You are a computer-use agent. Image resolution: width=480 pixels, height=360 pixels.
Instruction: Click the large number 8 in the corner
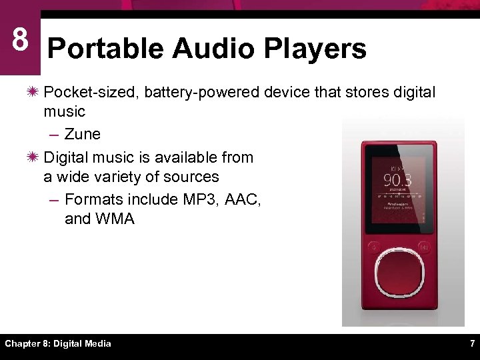pos(20,40)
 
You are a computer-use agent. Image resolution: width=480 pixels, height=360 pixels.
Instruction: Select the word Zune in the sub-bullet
pos(83,134)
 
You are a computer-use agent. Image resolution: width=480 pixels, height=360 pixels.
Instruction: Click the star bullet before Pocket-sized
pos(33,92)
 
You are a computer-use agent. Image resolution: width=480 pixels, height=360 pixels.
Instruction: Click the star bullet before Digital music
pos(33,157)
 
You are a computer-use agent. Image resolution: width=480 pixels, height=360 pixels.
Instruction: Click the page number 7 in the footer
pos(472,344)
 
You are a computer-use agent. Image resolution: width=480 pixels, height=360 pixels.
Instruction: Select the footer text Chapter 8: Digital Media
pos(58,344)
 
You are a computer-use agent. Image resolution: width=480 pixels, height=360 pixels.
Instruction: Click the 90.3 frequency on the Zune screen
pos(397,181)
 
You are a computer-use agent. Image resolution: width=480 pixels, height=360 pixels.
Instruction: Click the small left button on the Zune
pos(374,246)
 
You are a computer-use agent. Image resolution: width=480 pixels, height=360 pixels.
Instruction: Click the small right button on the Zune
pos(423,246)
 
